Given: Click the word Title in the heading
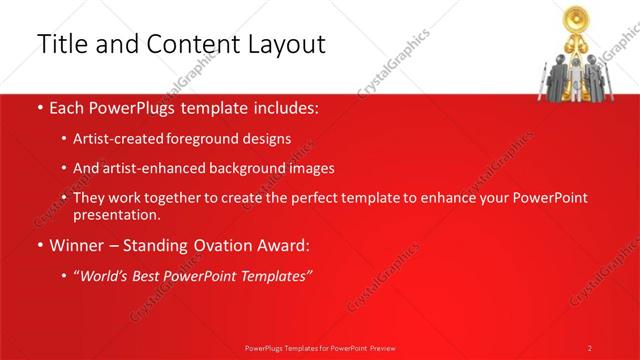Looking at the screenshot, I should click(x=61, y=44).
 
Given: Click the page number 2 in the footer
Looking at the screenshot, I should click(x=590, y=347).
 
